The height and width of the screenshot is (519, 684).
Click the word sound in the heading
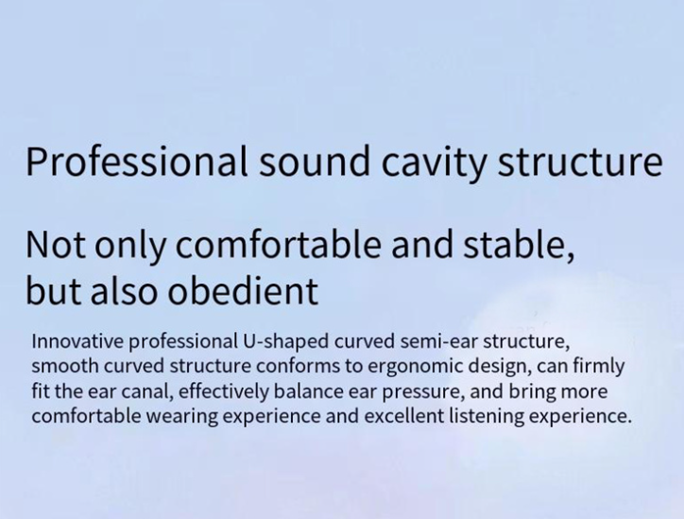click(314, 162)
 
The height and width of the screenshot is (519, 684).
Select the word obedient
click(243, 291)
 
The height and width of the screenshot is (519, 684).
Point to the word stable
click(519, 245)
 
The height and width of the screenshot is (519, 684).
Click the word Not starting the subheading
click(56, 245)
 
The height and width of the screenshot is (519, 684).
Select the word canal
click(145, 391)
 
